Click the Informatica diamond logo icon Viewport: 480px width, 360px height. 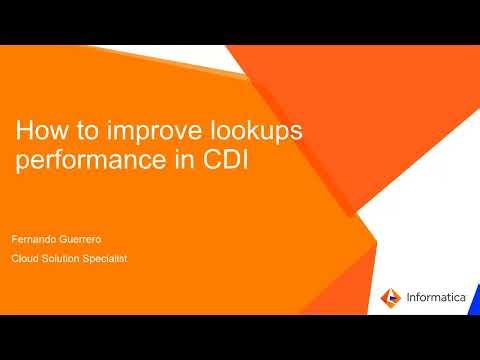[390, 297]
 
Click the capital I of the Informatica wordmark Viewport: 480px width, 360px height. [407, 297]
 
